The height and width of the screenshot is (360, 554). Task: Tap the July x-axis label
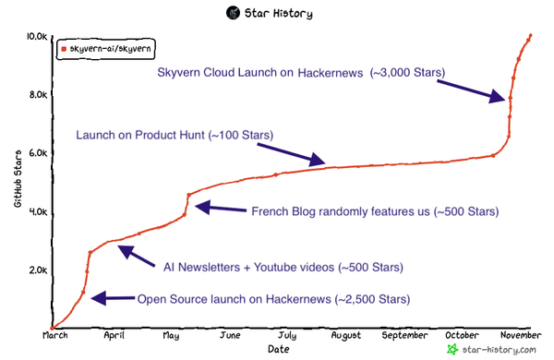coord(287,336)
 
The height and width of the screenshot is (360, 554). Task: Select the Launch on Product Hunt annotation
coord(174,135)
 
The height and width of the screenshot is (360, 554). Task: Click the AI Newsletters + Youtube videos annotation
coord(283,268)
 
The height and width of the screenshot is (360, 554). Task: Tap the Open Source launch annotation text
coord(273,299)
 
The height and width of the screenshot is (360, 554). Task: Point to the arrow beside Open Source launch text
coord(112,297)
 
